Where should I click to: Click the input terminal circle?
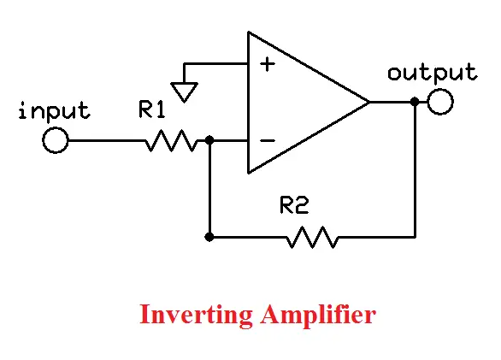coord(55,140)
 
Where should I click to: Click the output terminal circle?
coord(440,103)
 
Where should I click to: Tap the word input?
coord(54,111)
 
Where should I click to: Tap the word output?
coord(432,73)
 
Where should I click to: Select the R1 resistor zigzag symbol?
coord(172,140)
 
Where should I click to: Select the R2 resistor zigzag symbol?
coord(312,237)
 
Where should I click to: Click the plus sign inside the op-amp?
coord(268,65)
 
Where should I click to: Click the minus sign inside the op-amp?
coord(268,140)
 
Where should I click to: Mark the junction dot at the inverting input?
coord(210,140)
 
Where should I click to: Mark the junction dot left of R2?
coord(210,237)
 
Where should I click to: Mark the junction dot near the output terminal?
coord(415,103)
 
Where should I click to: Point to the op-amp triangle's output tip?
coord(368,103)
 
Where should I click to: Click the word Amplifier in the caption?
coord(317,315)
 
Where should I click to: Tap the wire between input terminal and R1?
coord(103,140)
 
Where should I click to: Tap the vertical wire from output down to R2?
coord(415,171)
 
